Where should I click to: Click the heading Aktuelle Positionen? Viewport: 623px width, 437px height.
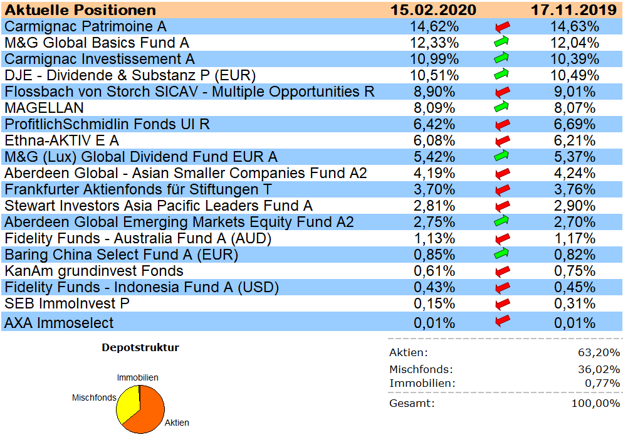80,10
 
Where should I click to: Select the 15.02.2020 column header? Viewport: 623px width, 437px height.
433,10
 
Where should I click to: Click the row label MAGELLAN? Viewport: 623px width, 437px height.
44,108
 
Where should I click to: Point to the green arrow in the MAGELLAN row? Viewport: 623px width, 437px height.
501,107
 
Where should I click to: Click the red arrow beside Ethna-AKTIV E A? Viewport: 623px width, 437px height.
501,140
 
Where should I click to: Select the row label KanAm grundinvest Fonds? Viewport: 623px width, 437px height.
94,271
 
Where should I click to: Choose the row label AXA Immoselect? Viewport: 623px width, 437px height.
59,323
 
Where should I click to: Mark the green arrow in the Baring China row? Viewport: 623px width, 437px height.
501,254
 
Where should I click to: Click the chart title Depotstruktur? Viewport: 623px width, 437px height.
140,347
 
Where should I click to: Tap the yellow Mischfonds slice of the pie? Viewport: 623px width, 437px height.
128,404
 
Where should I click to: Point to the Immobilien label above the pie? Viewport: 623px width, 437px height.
138,377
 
